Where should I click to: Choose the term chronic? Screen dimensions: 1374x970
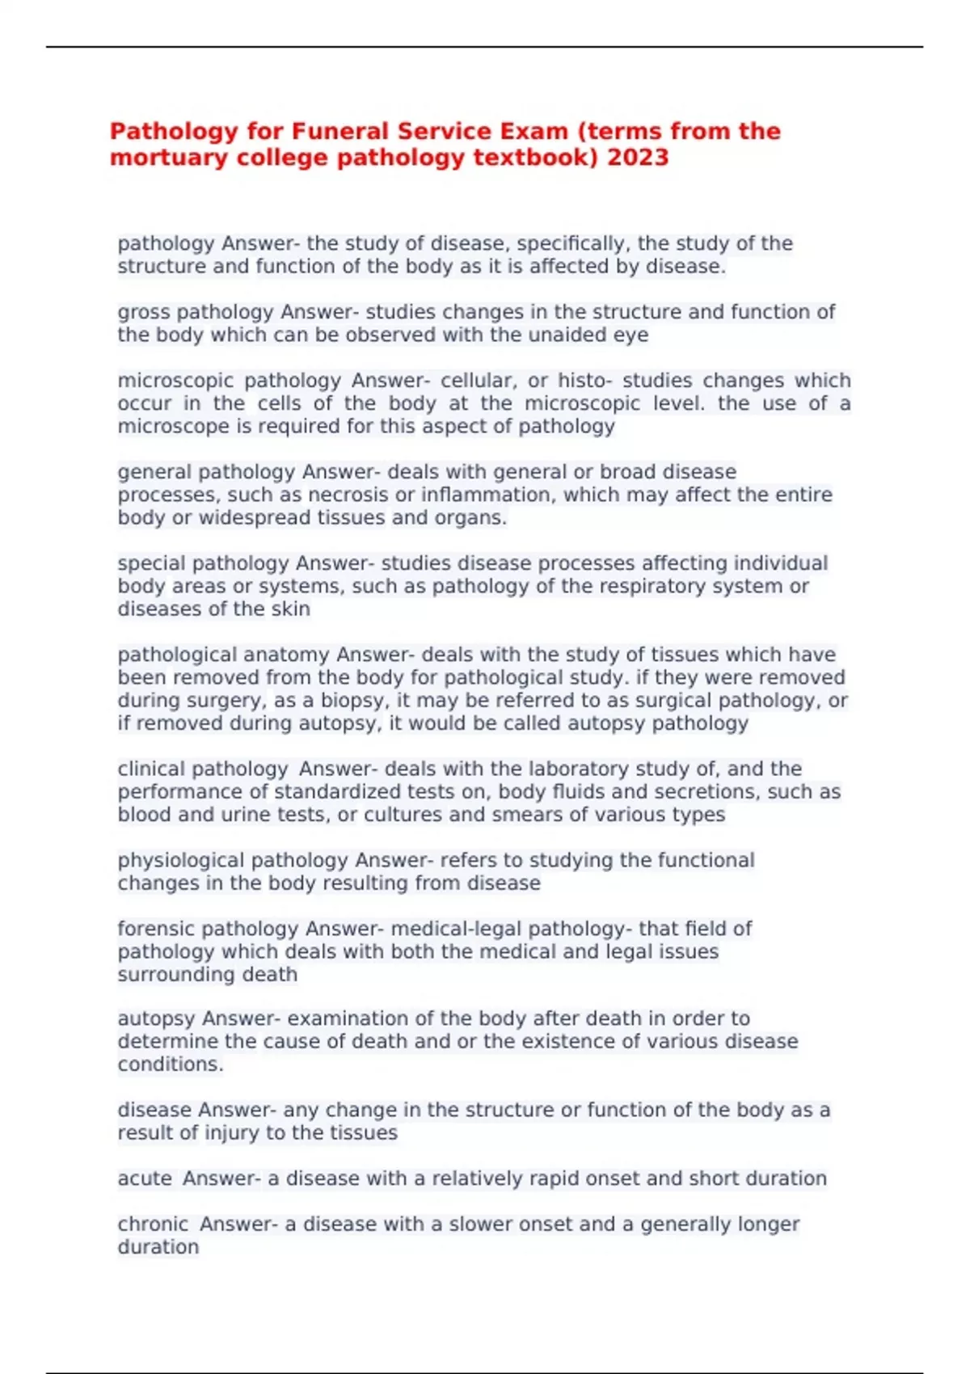[153, 1224]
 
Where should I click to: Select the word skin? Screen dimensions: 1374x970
[290, 609]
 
